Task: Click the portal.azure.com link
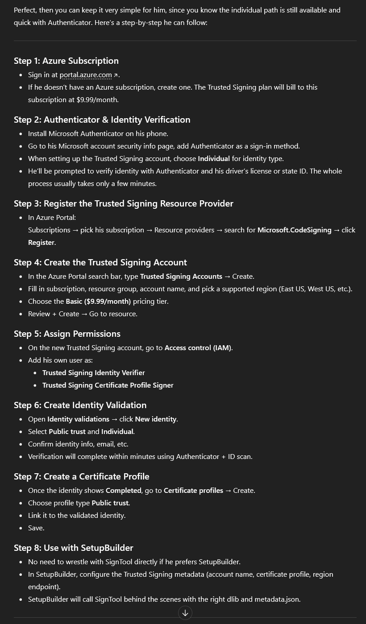tap(86, 75)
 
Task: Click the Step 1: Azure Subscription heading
tap(66, 61)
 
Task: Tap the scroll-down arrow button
tap(185, 613)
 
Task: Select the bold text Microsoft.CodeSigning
tap(294, 230)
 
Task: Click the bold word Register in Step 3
tap(41, 243)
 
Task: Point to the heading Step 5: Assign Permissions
tap(67, 334)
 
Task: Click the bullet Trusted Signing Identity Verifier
tap(93, 373)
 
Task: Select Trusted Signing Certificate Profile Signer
tap(108, 385)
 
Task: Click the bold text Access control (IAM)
tap(198, 348)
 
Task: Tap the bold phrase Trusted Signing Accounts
tap(181, 277)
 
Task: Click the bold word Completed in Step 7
tap(123, 491)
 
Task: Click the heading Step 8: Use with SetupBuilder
tap(73, 548)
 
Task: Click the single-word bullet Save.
tap(36, 528)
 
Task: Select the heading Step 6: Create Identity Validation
tap(80, 405)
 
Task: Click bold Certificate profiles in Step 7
tap(193, 491)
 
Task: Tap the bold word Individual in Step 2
tap(214, 159)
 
